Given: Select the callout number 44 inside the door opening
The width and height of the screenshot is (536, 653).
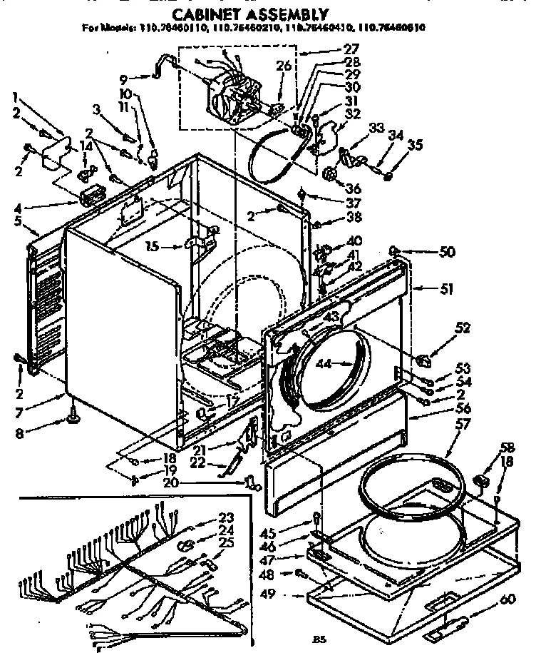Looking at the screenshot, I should (325, 364).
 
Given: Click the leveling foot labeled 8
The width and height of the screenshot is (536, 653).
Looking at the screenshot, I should (73, 414).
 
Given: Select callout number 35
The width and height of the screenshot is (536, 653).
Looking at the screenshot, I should (416, 145).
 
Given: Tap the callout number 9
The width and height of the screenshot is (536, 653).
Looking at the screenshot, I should (123, 80).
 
